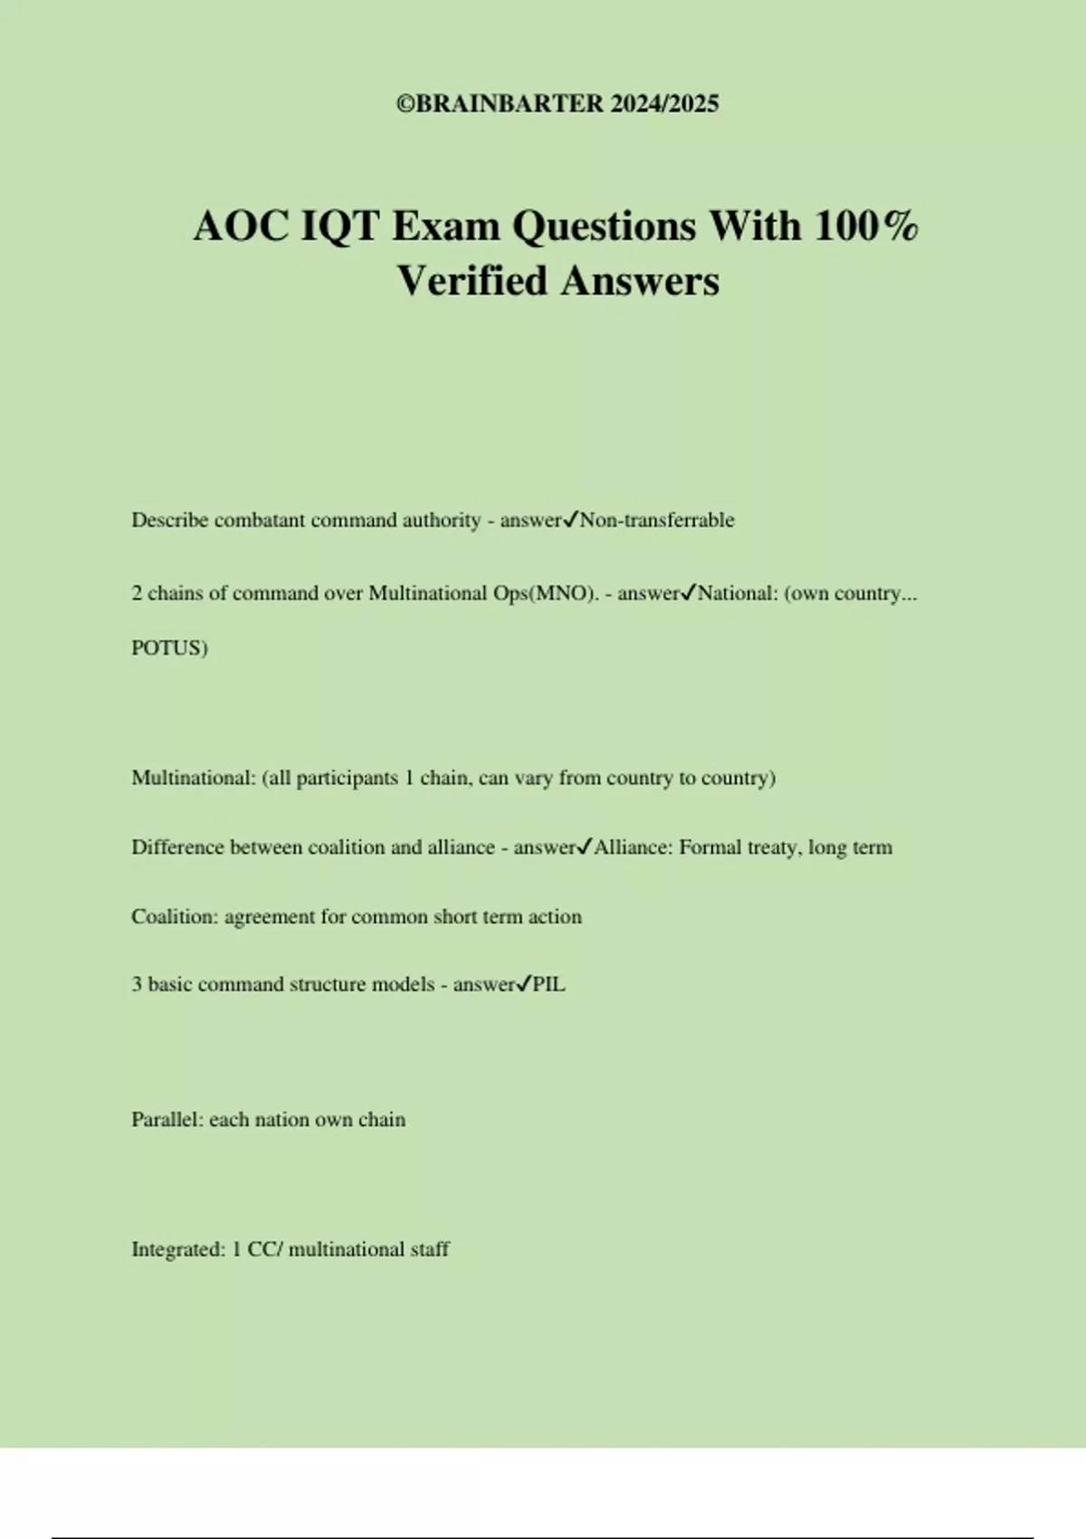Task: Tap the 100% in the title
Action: click(x=866, y=225)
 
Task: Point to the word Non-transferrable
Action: click(x=657, y=521)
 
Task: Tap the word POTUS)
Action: click(x=169, y=648)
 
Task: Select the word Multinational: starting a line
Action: click(x=194, y=778)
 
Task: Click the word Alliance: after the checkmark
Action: click(x=633, y=847)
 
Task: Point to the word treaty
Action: click(x=775, y=847)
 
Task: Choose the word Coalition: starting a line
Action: click(x=175, y=916)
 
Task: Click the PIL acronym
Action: click(x=548, y=985)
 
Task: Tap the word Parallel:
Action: click(x=167, y=1120)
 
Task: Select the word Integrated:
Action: click(x=177, y=1249)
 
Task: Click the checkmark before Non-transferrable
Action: click(x=571, y=520)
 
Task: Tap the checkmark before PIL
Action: click(x=523, y=984)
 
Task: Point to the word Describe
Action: click(x=169, y=521)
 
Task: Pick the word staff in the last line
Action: click(x=430, y=1249)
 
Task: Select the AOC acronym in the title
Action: click(x=240, y=225)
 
